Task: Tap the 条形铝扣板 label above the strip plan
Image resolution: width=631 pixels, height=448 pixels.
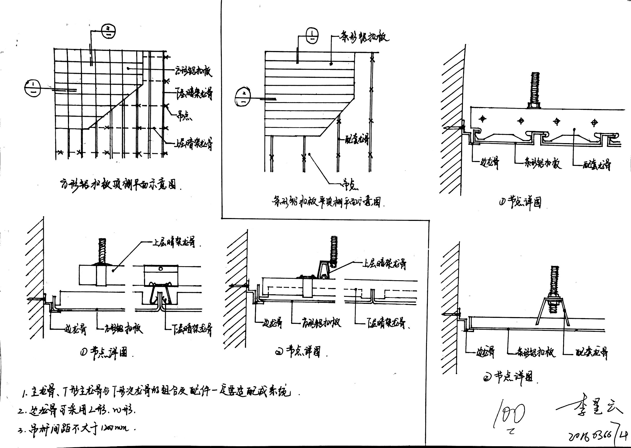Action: [364, 38]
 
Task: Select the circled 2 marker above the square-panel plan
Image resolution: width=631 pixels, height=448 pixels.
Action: [108, 31]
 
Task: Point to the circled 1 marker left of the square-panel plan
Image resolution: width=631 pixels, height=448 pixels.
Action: [33, 88]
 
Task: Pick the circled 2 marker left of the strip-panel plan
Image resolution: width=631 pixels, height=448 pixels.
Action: [243, 97]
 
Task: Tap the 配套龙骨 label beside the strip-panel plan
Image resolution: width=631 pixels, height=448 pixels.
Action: [357, 139]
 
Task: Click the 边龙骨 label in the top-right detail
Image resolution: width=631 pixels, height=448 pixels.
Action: [490, 163]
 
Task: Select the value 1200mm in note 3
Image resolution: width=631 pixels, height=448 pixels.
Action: [115, 428]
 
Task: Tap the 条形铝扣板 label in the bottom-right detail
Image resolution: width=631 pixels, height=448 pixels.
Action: [535, 352]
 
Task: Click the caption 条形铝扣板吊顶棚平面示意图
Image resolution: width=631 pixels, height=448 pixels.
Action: [327, 202]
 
